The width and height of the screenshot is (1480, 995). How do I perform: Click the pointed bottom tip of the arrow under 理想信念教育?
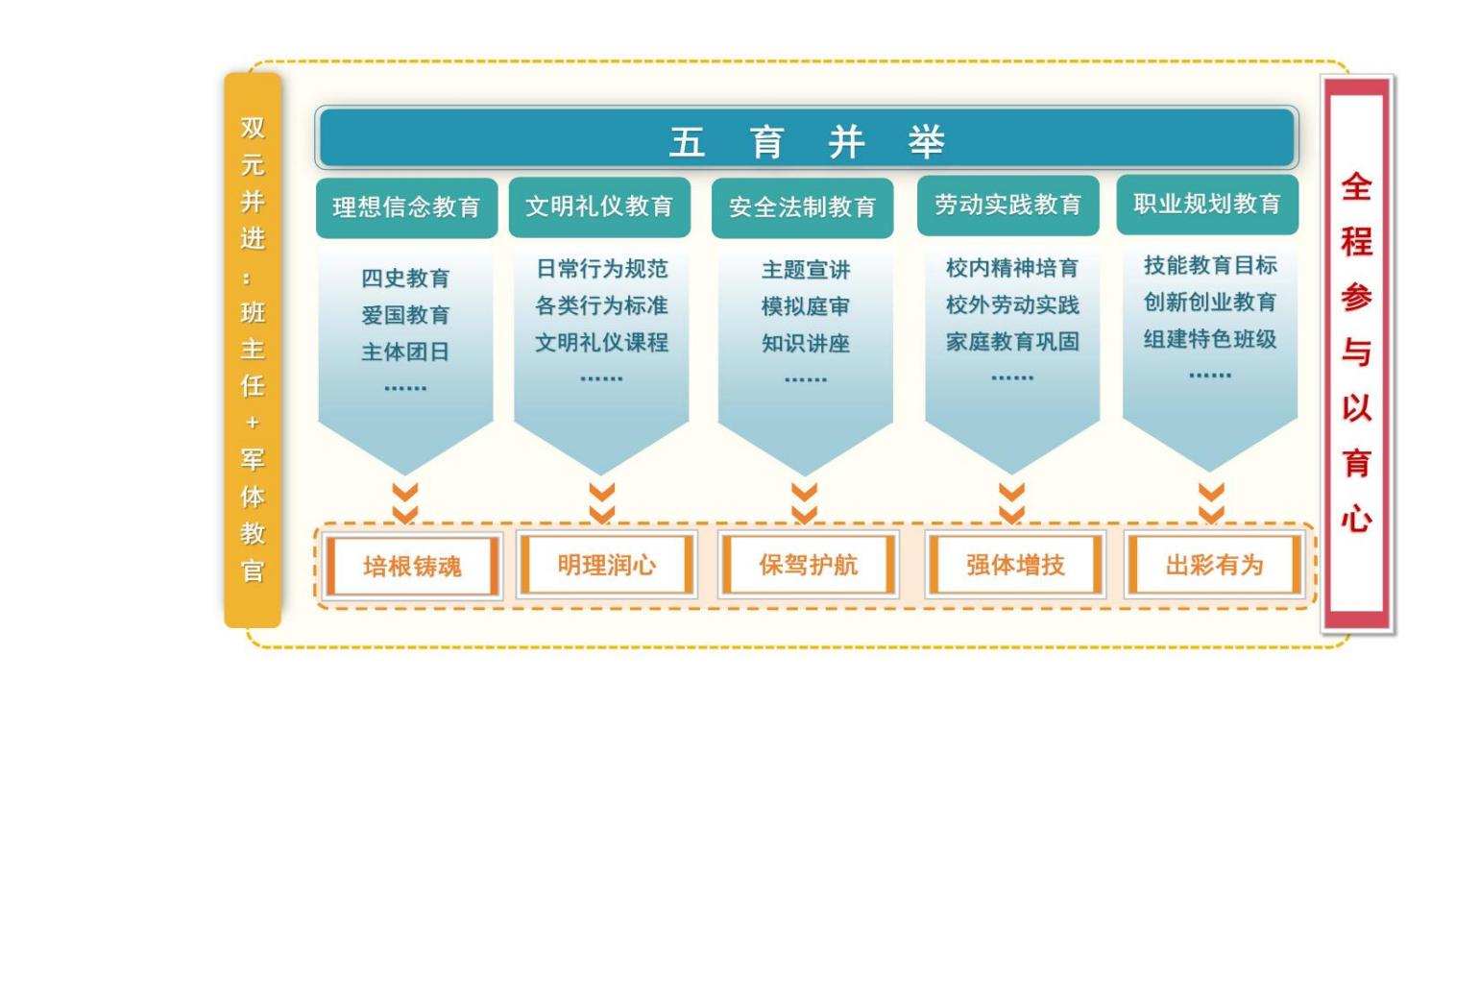tap(405, 474)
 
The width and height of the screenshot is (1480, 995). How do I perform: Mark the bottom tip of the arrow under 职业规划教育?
tap(1210, 472)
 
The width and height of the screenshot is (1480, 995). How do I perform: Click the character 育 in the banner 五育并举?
tap(767, 142)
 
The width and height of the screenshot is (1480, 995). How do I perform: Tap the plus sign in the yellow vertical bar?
tap(253, 423)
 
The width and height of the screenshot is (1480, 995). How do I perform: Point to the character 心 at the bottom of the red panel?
tap(1356, 519)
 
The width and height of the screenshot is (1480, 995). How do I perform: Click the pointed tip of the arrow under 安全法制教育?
tap(805, 475)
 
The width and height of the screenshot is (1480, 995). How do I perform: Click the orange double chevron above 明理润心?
tap(602, 503)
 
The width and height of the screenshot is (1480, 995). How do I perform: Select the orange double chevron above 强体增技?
tap(1011, 503)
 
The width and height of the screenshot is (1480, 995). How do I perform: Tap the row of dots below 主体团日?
tap(405, 388)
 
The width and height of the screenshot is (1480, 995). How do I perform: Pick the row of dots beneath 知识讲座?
tap(806, 380)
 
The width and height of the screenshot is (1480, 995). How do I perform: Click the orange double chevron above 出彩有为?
tap(1211, 503)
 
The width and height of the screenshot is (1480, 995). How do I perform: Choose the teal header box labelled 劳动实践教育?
tap(1008, 206)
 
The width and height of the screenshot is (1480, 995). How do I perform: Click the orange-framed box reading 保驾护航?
tap(809, 565)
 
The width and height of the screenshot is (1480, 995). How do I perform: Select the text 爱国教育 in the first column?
tap(405, 314)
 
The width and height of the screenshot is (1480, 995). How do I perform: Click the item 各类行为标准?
tap(601, 306)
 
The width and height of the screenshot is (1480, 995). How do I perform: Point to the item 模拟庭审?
tap(806, 306)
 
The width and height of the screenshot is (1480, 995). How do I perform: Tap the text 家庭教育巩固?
tap(1012, 342)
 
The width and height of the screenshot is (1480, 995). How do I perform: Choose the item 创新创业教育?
tap(1210, 302)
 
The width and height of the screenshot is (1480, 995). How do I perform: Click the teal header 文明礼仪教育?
tap(599, 206)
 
